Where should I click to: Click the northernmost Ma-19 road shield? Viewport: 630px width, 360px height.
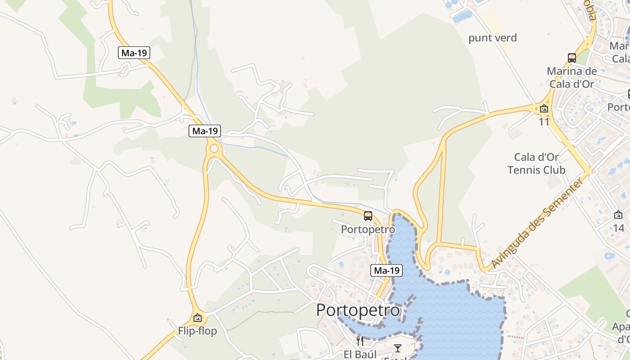pos(134,53)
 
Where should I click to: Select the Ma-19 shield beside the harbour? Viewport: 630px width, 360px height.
pos(387,270)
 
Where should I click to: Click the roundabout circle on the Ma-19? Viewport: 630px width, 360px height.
pos(214,148)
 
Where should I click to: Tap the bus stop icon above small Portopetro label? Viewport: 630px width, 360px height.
pos(368,216)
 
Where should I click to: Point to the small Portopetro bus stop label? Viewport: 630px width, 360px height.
pos(368,229)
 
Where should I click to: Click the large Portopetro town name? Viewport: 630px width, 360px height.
pos(358,310)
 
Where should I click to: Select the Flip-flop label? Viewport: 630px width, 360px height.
pos(197,331)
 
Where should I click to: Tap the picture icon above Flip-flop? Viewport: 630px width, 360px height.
pos(197,318)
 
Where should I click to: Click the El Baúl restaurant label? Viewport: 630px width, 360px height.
pos(360,354)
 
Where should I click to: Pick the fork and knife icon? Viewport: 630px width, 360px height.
pos(360,340)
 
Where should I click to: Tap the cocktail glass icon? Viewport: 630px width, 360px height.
pos(398,348)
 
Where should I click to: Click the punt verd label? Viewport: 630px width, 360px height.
pos(493,38)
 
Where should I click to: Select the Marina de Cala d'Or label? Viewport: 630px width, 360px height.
pos(571,77)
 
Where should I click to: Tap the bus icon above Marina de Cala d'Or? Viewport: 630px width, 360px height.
pos(572,58)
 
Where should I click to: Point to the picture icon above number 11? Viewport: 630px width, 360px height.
pos(544,108)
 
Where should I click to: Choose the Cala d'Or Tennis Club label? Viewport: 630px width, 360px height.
pos(536,163)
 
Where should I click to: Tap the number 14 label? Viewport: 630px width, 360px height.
pos(619,228)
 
